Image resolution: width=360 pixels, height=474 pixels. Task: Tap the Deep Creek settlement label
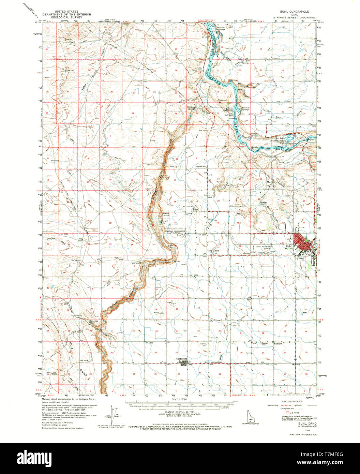tap(214, 251)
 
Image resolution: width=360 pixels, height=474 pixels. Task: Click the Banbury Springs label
tap(246, 109)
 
